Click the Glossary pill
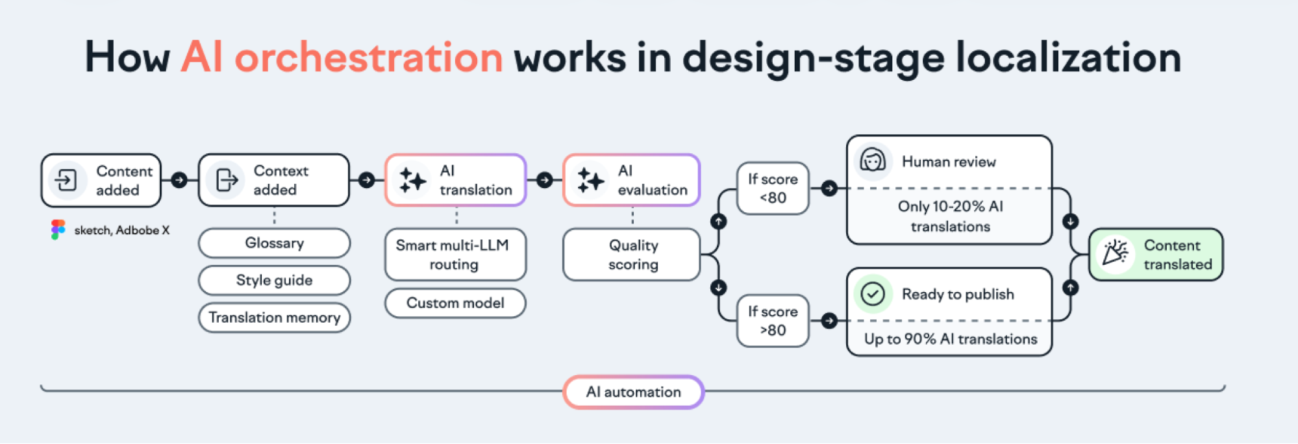pos(274,243)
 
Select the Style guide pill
pos(274,280)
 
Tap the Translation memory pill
pos(274,317)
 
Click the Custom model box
pos(455,303)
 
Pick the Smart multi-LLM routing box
pos(455,254)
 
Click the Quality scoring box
pos(632,254)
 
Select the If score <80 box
pos(773,188)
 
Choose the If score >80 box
pos(773,321)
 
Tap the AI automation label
pos(633,392)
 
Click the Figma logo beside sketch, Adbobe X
pos(58,230)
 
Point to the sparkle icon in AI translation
pos(412,180)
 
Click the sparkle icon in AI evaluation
pos(590,180)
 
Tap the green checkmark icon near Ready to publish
pos(873,294)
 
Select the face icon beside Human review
pos(873,161)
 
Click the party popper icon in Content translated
pos(1115,254)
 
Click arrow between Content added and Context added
pos(180,180)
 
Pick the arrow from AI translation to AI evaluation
pos(545,180)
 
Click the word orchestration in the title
pos(368,57)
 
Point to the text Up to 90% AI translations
pos(950,339)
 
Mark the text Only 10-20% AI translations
pos(950,216)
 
